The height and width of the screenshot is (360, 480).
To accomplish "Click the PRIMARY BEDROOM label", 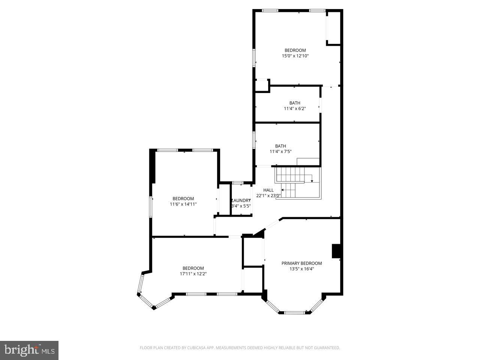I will coord(301,263).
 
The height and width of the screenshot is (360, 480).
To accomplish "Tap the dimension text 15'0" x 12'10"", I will coord(295,56).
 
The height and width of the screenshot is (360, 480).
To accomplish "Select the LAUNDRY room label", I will coord(241,201).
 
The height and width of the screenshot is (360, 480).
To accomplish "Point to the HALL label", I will coord(268,190).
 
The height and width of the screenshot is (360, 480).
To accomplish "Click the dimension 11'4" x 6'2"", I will coord(294,109).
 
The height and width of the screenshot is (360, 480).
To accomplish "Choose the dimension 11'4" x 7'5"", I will coord(280,152).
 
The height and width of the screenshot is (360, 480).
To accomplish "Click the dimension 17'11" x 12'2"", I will coord(193,274).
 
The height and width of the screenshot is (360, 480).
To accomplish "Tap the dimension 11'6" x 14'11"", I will coord(183,204).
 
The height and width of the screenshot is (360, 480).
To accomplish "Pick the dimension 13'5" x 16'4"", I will coord(301,269).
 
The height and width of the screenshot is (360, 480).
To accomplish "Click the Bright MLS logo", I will coord(29,350).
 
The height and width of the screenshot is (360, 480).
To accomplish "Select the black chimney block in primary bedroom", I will coord(336,251).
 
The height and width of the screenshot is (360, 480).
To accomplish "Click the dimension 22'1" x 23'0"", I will coord(268,196).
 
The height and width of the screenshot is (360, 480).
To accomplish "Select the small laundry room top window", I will coord(237,183).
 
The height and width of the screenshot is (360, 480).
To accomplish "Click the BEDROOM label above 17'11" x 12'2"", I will coord(193,268).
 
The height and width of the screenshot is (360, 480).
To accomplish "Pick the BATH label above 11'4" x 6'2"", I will coord(294,103).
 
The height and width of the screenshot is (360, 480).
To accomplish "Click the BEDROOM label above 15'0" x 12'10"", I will coord(295,50).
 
